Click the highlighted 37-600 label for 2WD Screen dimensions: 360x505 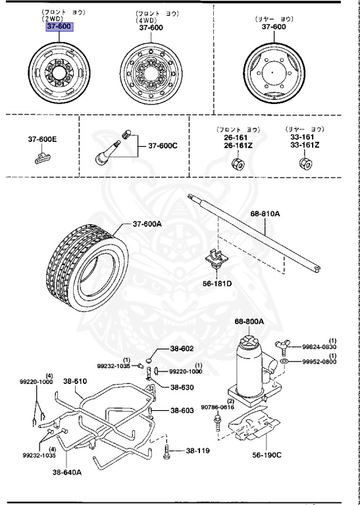coord(59,26)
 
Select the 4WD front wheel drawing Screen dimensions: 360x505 coord(151,74)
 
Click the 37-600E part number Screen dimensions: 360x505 coord(42,139)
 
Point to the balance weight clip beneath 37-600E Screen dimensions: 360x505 coord(42,158)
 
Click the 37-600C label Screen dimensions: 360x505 coord(163,146)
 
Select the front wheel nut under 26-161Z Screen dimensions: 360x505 coord(238,164)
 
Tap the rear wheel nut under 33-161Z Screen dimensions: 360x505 coord(305,164)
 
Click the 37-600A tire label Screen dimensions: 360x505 coord(147,224)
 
